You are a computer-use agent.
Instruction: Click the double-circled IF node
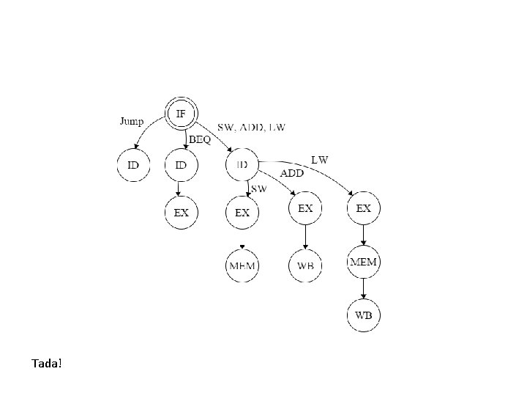pos(181,114)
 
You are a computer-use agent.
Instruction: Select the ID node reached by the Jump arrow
pos(132,165)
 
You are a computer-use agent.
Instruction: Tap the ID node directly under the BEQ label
pos(181,165)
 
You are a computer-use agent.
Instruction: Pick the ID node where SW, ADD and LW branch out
pos(242,165)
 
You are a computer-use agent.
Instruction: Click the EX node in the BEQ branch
pos(181,213)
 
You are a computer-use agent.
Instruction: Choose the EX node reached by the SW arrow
pos(242,213)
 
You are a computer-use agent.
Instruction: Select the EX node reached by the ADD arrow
pos(305,209)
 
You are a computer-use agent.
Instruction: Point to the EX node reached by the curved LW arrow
pos(364,209)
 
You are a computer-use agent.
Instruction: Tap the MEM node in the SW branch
pos(242,265)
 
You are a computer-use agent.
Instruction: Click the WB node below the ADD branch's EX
pos(305,265)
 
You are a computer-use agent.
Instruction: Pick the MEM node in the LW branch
pos(364,262)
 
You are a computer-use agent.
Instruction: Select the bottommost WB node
pos(364,316)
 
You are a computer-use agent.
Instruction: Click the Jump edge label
pos(132,121)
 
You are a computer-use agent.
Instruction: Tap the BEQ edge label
pos(200,139)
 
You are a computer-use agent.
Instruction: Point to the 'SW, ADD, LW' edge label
pos(250,127)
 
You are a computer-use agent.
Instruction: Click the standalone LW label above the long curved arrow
pos(320,158)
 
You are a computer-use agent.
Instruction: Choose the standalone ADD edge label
pos(293,173)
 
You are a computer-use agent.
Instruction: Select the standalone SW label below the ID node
pos(258,188)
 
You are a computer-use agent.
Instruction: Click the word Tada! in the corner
pos(47,363)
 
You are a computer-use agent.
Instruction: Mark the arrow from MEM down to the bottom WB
pos(364,289)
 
